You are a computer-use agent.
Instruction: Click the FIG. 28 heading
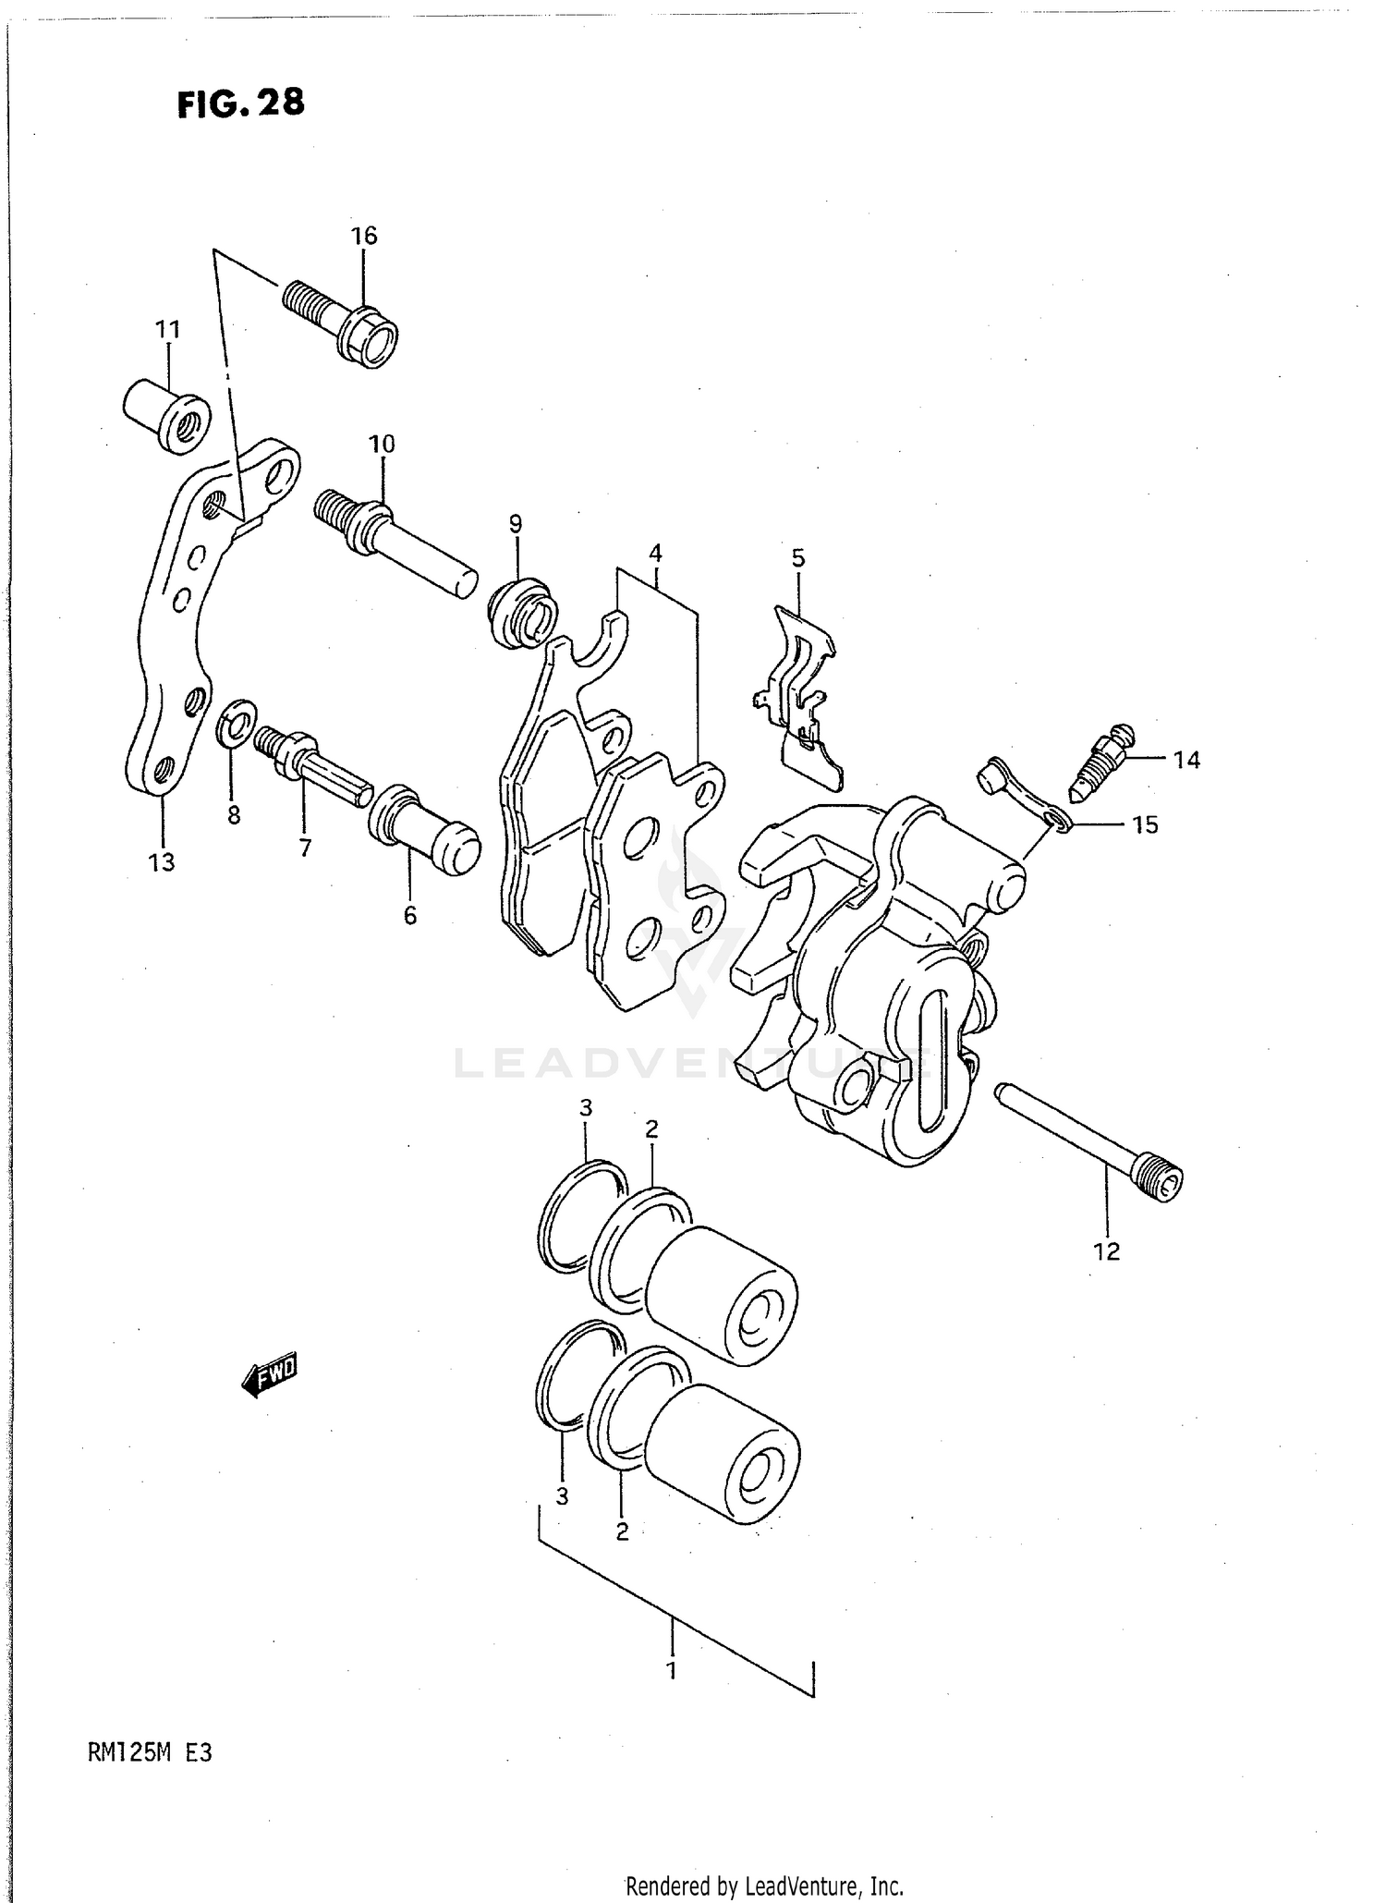click(x=240, y=104)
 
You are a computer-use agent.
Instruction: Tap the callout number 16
click(x=364, y=236)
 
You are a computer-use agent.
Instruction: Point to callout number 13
click(x=161, y=862)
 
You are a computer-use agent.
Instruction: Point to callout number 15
click(x=1145, y=824)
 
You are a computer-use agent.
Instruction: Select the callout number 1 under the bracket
click(x=672, y=1671)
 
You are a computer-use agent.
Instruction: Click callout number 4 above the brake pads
click(x=655, y=554)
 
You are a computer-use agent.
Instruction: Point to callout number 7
click(x=304, y=848)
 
